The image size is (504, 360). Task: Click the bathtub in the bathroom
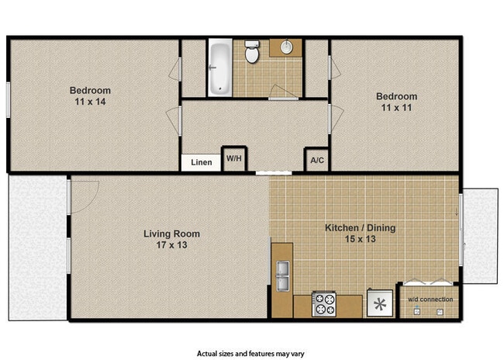click(219, 67)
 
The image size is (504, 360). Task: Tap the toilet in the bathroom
click(252, 53)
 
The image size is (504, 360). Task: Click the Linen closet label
click(201, 163)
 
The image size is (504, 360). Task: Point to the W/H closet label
click(233, 158)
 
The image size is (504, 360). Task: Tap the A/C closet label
click(316, 161)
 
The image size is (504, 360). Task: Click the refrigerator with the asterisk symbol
click(379, 303)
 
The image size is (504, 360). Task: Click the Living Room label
click(172, 234)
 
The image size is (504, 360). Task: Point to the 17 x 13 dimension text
click(172, 245)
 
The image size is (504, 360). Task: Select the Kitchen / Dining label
click(359, 227)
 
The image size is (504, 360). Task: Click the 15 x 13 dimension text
click(359, 239)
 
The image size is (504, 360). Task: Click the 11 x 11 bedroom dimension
click(397, 108)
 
